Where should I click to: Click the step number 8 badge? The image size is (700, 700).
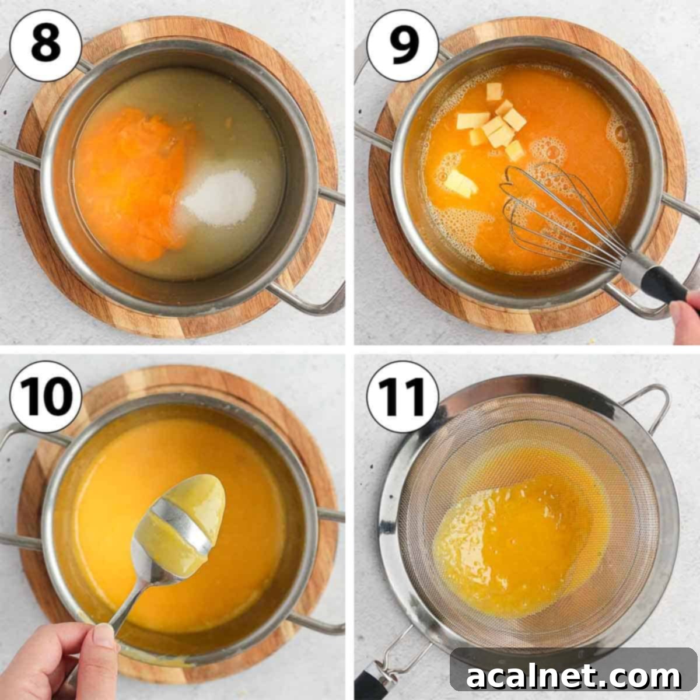[x=45, y=46]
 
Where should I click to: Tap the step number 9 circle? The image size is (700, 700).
[x=402, y=46]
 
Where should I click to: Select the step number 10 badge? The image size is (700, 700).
[x=45, y=396]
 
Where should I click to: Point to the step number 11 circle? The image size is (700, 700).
[x=402, y=396]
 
